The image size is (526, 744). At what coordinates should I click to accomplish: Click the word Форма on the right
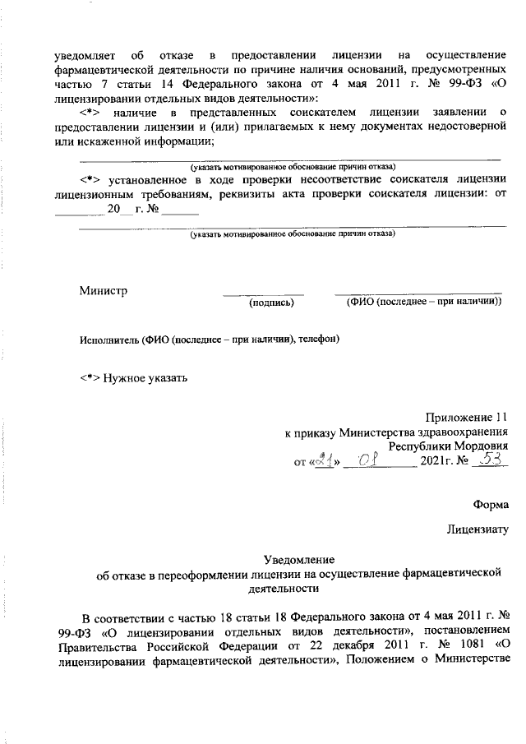[491, 504]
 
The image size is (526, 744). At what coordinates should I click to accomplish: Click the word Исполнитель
[109, 339]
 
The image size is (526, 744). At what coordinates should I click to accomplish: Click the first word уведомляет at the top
[85, 55]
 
